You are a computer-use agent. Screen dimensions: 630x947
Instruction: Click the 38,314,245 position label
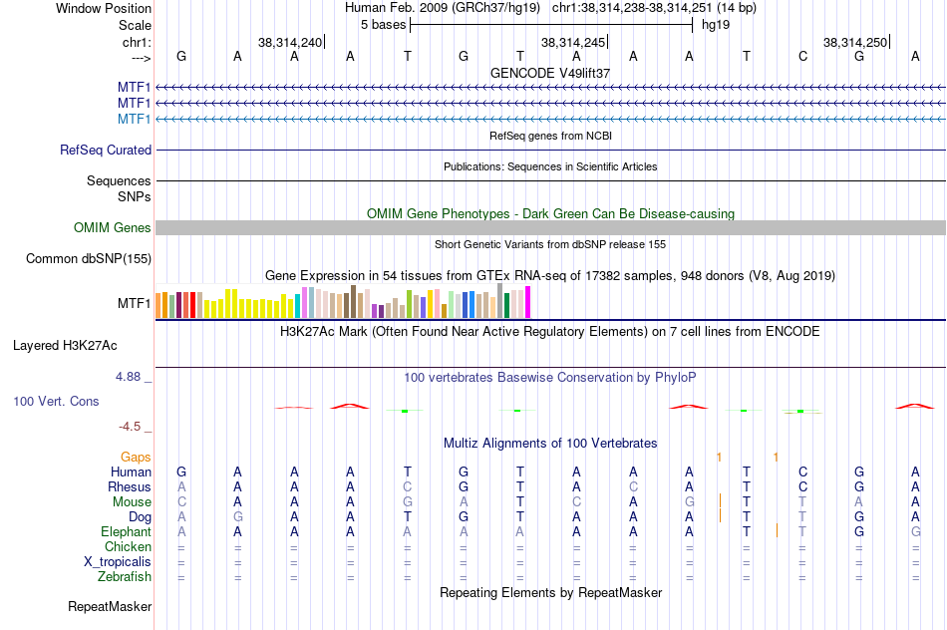572,42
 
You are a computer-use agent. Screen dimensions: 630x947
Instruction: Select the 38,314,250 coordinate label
854,42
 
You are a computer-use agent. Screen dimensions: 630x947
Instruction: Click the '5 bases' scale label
383,24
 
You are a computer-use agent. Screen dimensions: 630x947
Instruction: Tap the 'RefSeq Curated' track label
106,150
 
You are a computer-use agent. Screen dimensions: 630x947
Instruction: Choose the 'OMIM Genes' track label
113,228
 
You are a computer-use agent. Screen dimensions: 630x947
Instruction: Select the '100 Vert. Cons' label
56,401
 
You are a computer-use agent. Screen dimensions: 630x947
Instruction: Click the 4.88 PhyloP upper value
130,377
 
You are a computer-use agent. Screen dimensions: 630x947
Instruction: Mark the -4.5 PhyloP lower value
131,427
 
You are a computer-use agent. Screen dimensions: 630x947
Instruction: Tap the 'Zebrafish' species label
125,576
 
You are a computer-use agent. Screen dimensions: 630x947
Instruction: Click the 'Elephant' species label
127,532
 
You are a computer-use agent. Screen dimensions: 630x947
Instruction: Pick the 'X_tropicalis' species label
118,561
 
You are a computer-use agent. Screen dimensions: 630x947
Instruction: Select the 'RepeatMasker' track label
110,606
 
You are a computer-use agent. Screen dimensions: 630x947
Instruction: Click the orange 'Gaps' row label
136,457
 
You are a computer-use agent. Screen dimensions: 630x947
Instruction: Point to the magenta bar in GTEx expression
527,302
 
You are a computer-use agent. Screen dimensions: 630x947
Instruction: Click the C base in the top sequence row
802,56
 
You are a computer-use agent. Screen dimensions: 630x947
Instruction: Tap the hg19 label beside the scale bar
716,24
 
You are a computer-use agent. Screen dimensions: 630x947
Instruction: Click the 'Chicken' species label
128,546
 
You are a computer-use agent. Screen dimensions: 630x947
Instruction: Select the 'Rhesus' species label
130,486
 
